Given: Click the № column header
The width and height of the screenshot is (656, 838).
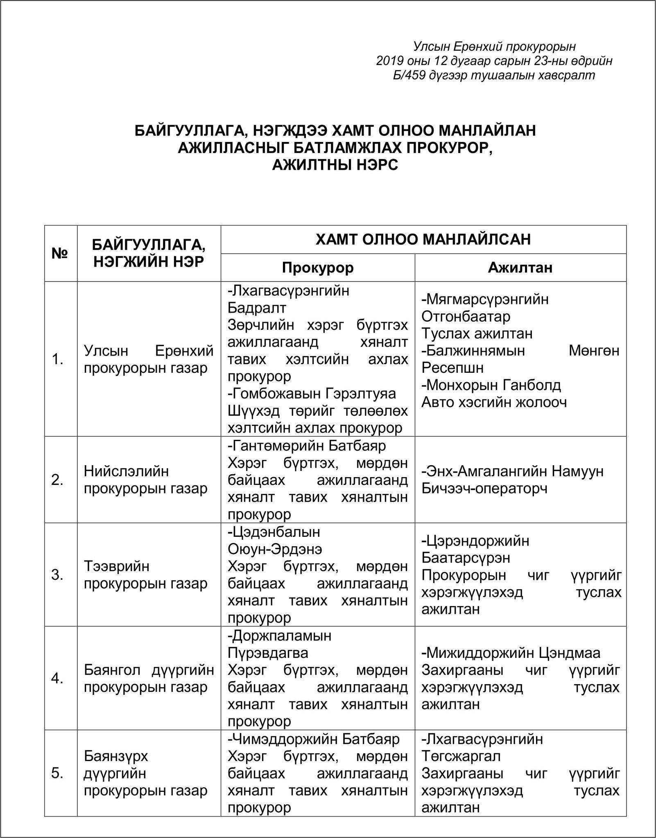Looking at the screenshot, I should (x=60, y=253).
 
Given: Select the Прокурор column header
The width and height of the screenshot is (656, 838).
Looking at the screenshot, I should (x=317, y=268).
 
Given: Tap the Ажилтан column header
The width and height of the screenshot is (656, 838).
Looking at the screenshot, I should (x=520, y=268).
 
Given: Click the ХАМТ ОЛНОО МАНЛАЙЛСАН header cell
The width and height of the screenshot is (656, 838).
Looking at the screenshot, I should (x=423, y=239).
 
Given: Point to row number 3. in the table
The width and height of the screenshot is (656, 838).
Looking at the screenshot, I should (x=57, y=575).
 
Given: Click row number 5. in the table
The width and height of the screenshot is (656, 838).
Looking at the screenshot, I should (x=57, y=773).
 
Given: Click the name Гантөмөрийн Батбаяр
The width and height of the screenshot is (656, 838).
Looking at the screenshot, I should (x=307, y=446).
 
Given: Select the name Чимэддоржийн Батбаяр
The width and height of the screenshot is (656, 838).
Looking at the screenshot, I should (x=314, y=739).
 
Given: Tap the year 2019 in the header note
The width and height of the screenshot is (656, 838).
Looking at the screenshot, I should (x=390, y=61).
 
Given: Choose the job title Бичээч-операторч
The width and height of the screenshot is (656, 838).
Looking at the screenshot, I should (x=484, y=489).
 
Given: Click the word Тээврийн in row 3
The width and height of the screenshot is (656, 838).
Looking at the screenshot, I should (x=117, y=566).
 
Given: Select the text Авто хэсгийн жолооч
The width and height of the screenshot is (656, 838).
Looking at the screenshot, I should (x=494, y=402).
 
